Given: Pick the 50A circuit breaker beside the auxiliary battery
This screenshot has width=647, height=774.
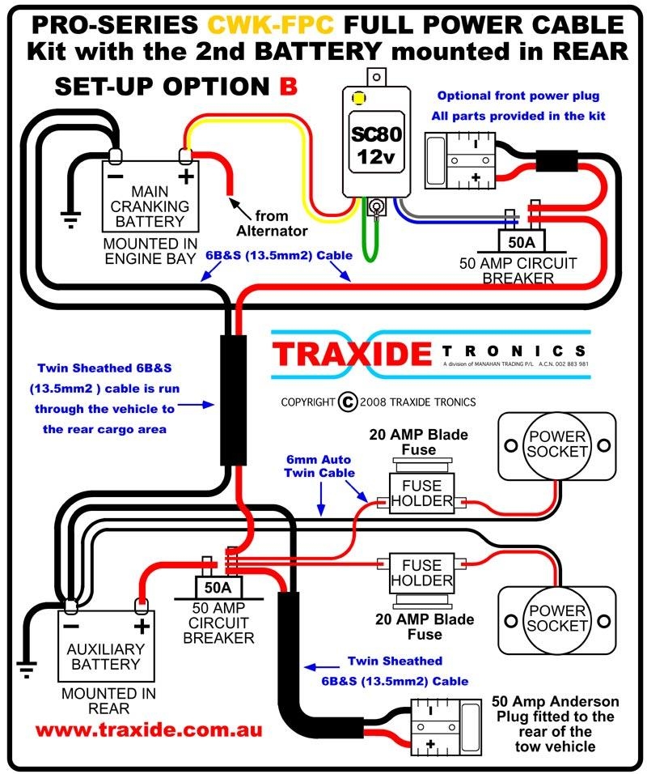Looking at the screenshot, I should click(x=215, y=585).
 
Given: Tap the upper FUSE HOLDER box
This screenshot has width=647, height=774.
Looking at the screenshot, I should click(x=421, y=493).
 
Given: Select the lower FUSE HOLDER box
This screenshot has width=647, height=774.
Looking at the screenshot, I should click(x=421, y=572).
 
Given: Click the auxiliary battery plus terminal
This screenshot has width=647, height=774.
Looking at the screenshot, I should click(x=142, y=604).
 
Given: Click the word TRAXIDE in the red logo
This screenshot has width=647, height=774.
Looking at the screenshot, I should click(x=353, y=354).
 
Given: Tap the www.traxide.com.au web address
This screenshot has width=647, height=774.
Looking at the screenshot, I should click(x=148, y=729).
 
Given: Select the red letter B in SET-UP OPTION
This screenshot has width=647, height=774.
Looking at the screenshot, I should click(x=289, y=86).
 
